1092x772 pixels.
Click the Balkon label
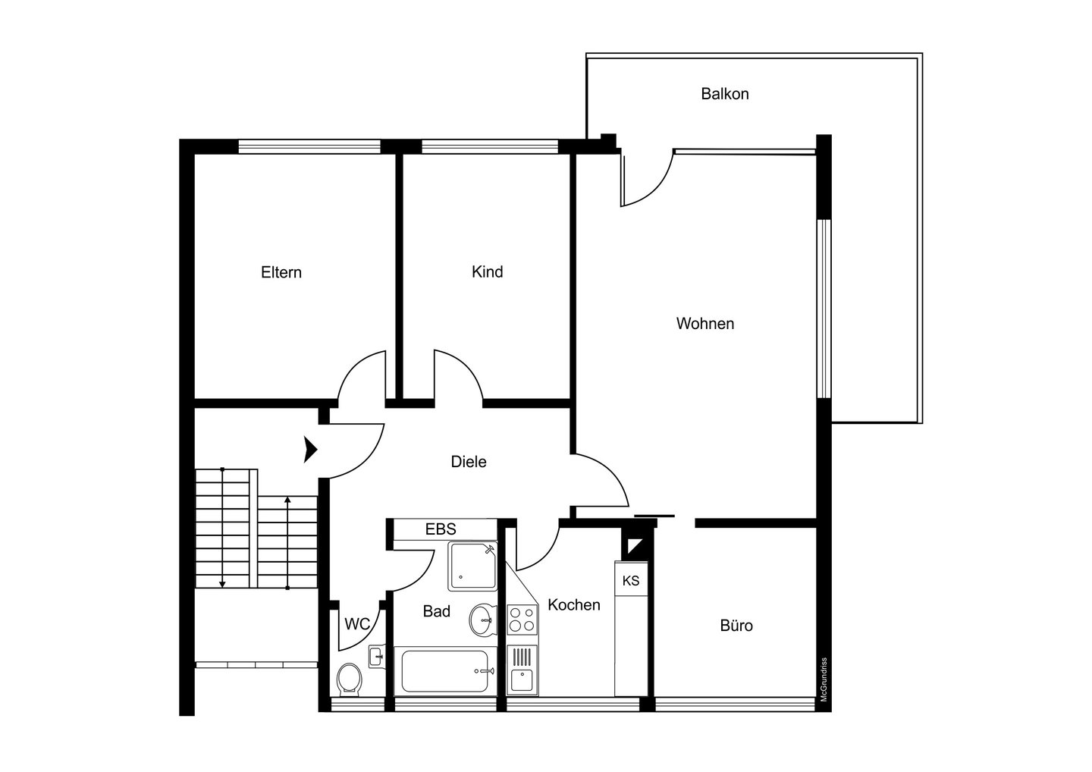[724, 93]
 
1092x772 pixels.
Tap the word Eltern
[281, 272]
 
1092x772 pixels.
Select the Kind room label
[487, 271]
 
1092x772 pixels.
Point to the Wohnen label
[705, 323]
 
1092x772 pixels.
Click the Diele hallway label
[469, 462]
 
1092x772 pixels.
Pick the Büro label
[736, 626]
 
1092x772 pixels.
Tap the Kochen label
[574, 605]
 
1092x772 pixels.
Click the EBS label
[441, 529]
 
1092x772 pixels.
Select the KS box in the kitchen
[631, 580]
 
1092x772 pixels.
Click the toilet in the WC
[349, 679]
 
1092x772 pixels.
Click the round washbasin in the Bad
[482, 620]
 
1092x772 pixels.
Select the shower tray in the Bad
[472, 566]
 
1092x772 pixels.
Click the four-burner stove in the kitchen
[522, 620]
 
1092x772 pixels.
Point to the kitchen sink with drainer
[522, 670]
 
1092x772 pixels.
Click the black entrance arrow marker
[311, 450]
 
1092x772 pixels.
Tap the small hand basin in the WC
[376, 656]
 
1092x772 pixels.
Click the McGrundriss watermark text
[824, 680]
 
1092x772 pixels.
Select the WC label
[357, 624]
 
